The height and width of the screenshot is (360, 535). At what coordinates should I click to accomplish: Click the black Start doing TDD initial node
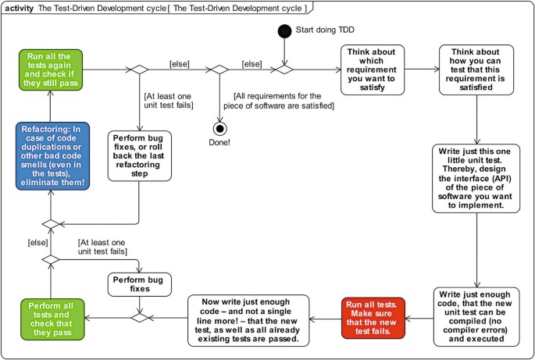(284, 30)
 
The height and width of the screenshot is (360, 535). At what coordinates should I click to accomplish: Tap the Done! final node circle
(219, 127)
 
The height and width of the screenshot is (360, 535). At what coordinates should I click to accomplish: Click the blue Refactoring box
(49, 155)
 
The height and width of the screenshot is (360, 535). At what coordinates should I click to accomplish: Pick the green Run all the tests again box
(49, 69)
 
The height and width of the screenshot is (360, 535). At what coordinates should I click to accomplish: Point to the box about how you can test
(476, 69)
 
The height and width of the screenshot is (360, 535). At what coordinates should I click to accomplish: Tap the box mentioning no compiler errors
(476, 315)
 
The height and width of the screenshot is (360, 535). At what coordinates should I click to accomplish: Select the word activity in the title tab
(20, 7)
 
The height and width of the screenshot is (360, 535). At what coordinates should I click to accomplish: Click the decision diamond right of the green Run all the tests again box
(139, 69)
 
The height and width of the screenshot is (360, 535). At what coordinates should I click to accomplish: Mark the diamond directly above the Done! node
(219, 69)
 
